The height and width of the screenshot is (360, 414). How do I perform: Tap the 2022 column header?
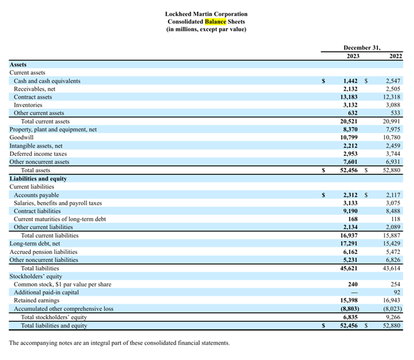[x=395, y=56]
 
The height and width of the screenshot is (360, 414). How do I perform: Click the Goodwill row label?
[x=22, y=138]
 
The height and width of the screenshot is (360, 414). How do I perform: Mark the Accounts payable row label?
[x=36, y=196]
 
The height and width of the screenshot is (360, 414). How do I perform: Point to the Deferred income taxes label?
[x=38, y=154]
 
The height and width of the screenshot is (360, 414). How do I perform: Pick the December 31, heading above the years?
[x=362, y=48]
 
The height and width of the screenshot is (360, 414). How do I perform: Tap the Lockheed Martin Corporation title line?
[x=206, y=14]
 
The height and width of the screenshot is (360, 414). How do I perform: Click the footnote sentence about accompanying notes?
[x=119, y=343]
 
